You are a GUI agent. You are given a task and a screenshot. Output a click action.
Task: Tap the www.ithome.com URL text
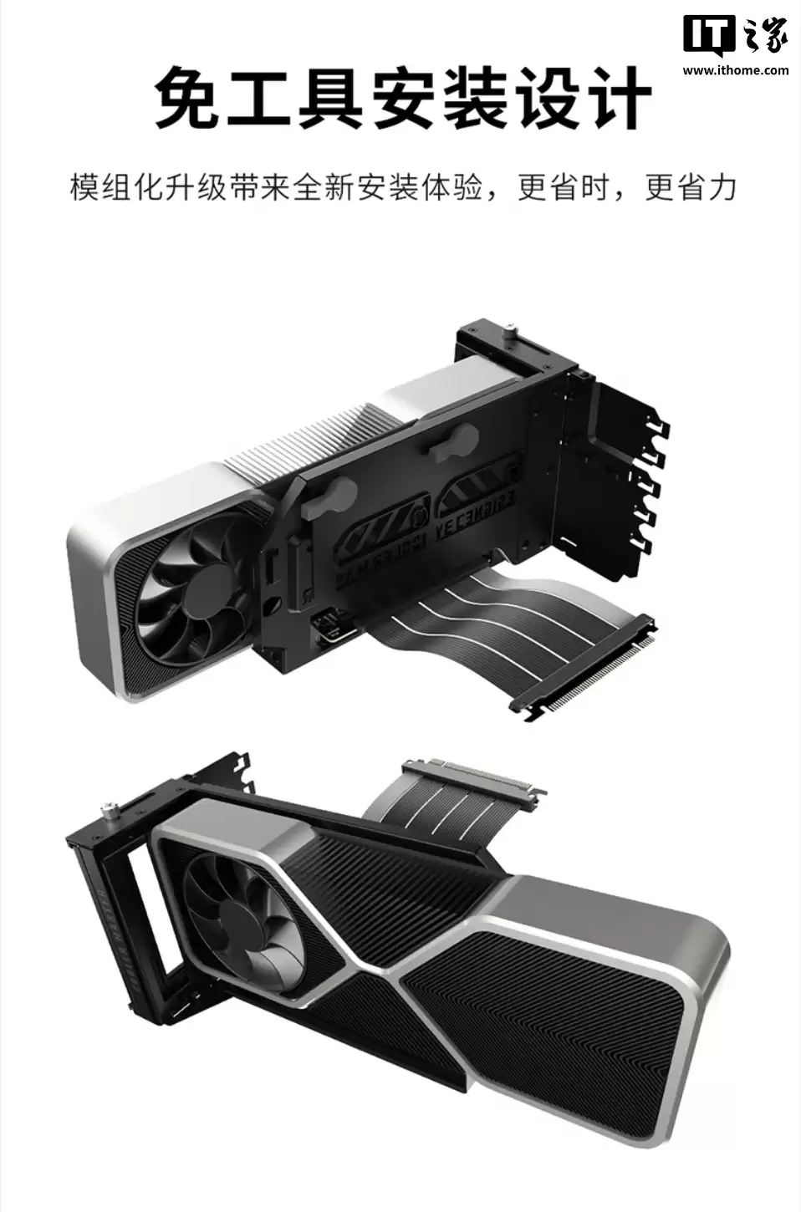[735, 70]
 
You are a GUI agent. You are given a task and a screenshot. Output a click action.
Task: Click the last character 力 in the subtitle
[722, 187]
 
